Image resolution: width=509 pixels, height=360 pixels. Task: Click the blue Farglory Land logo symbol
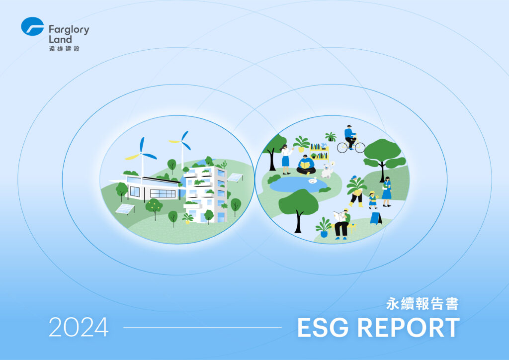click(32, 26)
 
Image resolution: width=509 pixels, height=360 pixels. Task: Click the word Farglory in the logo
click(69, 30)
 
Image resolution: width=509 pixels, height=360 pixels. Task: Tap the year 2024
click(79, 327)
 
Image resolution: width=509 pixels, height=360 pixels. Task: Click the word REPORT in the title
click(409, 328)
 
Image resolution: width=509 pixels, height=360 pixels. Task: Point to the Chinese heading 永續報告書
click(423, 304)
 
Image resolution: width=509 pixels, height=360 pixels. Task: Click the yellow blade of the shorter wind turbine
click(132, 157)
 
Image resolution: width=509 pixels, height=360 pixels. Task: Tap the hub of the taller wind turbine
click(181, 142)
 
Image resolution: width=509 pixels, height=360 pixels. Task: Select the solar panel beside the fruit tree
click(125, 209)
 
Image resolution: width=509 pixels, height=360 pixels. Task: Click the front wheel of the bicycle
click(360, 148)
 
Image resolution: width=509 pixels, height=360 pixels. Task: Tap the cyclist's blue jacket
click(349, 133)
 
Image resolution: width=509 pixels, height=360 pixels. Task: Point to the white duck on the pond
click(313, 181)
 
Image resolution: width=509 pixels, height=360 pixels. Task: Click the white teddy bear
click(327, 171)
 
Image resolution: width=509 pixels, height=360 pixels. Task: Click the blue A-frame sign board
click(376, 218)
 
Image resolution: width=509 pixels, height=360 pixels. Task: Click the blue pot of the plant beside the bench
click(324, 233)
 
